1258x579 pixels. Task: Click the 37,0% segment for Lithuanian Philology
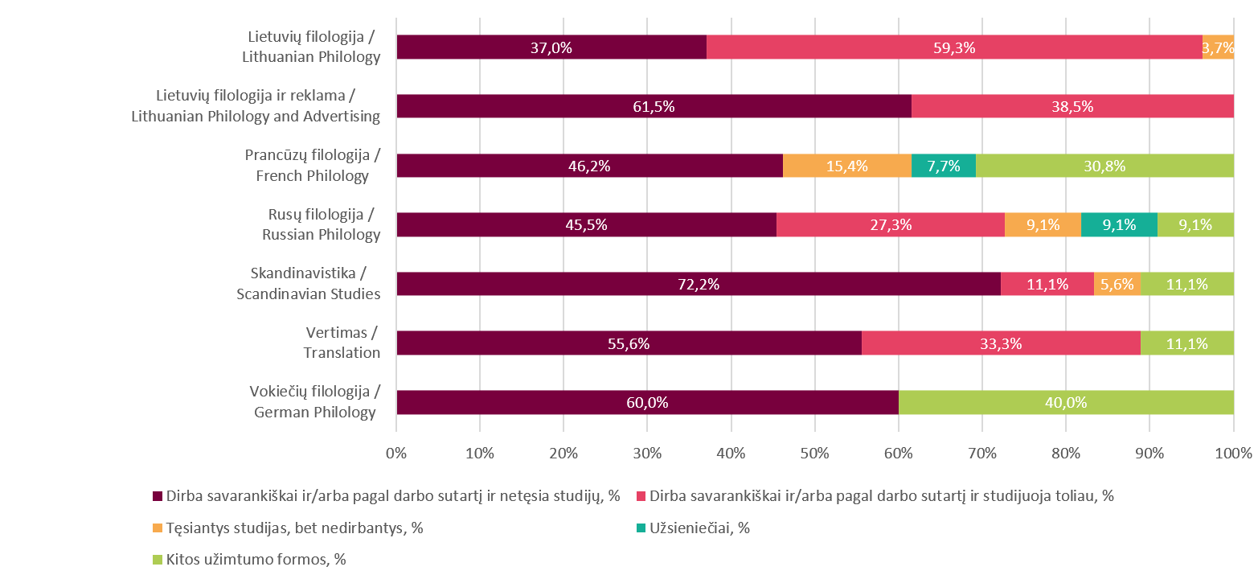point(551,47)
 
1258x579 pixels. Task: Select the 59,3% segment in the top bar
point(954,47)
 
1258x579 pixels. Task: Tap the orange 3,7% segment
point(1218,47)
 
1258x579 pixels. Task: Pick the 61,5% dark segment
point(654,106)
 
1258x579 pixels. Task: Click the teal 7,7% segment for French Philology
point(943,166)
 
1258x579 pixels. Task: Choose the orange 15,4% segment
point(846,166)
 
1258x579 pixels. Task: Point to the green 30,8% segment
point(1104,166)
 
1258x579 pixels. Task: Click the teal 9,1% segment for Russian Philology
point(1119,225)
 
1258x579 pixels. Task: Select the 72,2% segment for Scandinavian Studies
point(698,284)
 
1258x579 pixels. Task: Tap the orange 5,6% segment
point(1117,284)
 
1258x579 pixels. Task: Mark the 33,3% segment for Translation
point(1001,343)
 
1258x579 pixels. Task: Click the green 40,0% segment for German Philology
point(1066,402)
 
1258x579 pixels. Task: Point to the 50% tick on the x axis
point(814,453)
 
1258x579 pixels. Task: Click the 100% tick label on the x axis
point(1233,453)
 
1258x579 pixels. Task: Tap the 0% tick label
point(396,453)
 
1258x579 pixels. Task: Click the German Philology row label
point(314,402)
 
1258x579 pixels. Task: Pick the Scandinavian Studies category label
point(308,284)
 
